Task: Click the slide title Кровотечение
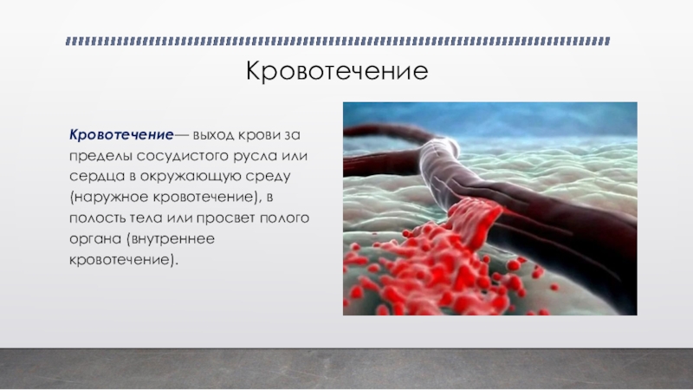(x=337, y=71)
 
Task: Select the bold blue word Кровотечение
(x=121, y=134)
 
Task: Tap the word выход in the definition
(x=213, y=135)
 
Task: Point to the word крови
(x=258, y=135)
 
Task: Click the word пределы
(x=100, y=156)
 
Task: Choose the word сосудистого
(x=183, y=156)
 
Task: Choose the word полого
(x=285, y=218)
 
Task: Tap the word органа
(x=96, y=239)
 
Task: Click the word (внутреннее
(x=171, y=239)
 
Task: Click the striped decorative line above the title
(x=338, y=41)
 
